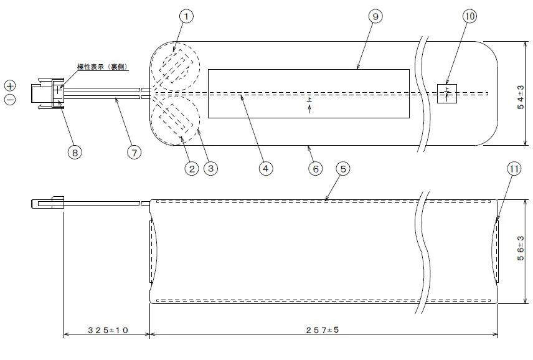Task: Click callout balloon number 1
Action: click(186, 16)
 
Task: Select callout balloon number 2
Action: click(192, 169)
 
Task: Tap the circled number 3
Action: click(210, 168)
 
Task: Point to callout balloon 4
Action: click(265, 168)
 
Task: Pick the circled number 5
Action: click(343, 169)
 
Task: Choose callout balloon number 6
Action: click(316, 169)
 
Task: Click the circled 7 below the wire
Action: click(134, 153)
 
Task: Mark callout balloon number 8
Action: click(75, 153)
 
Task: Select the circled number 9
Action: click(375, 16)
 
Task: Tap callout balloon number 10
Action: click(469, 16)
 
